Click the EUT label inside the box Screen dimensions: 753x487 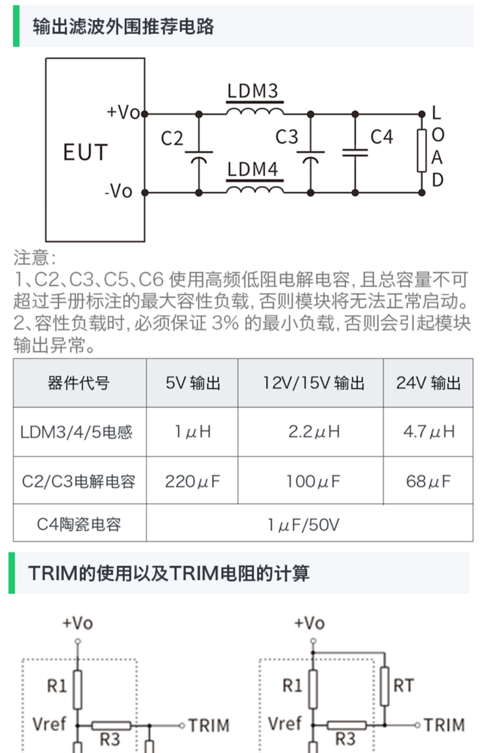85,152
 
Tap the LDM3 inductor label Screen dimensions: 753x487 253,91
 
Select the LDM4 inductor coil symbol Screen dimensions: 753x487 255,189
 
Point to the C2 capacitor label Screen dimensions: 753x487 172,138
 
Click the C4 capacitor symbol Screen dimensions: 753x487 355,153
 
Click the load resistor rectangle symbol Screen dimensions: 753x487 421,150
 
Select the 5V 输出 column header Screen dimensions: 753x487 193,383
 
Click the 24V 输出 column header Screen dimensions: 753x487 428,383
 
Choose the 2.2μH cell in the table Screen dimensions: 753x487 314,432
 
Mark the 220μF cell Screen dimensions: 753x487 193,481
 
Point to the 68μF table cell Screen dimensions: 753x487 428,481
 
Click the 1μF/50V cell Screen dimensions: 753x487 303,525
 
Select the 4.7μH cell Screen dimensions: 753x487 429,432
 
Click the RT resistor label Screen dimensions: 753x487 404,686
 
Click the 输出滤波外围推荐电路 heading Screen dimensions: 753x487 123,26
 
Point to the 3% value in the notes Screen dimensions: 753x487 225,323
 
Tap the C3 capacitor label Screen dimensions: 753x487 287,137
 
